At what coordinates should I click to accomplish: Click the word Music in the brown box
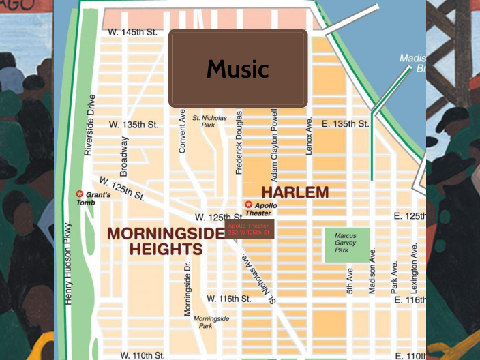(x=238, y=69)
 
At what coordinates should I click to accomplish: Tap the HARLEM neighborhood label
(x=295, y=192)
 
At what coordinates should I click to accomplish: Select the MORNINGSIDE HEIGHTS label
(x=166, y=241)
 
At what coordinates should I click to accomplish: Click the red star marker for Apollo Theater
(x=248, y=205)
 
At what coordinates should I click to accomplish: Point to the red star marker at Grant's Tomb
(x=80, y=194)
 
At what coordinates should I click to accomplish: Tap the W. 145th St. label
(x=132, y=32)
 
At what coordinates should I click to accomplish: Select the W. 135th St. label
(x=134, y=125)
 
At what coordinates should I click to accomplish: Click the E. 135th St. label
(x=344, y=124)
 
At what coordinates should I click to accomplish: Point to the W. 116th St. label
(x=229, y=299)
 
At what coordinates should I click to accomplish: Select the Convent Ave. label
(x=183, y=129)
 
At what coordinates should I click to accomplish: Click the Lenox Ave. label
(x=309, y=134)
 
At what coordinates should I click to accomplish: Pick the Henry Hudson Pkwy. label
(x=68, y=262)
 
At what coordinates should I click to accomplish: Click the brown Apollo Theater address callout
(x=250, y=229)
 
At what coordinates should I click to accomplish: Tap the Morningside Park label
(x=211, y=322)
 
